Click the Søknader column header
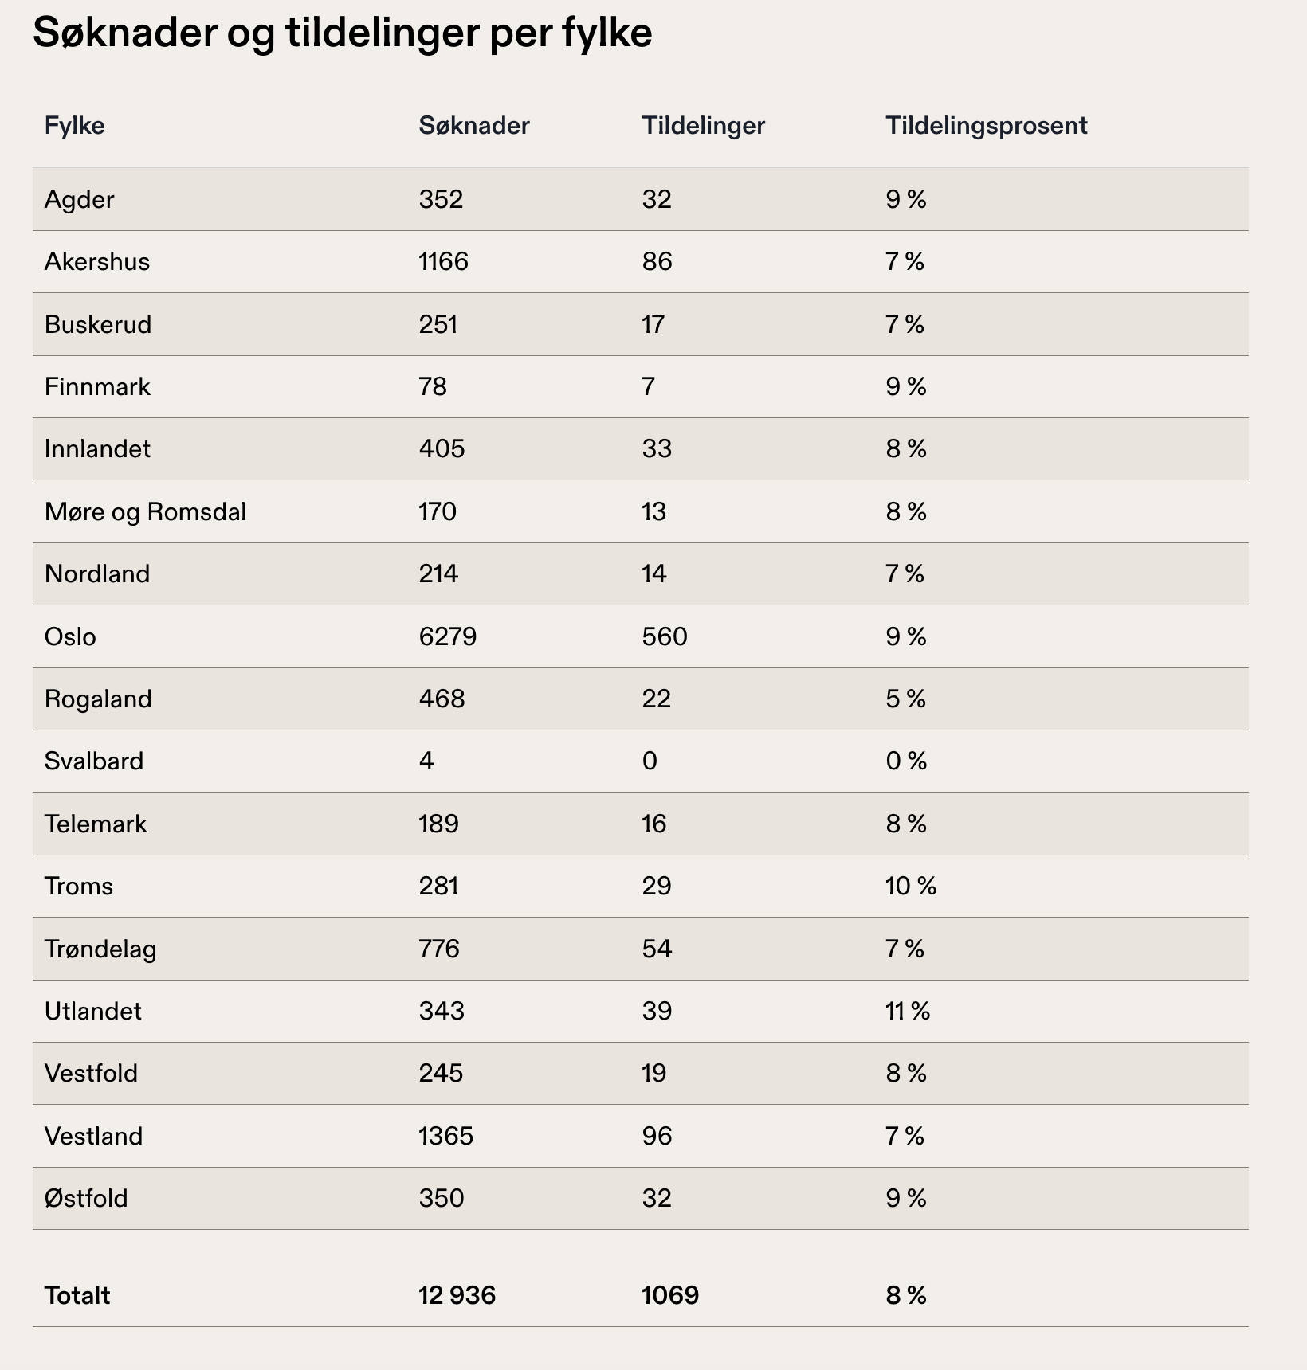coord(474,126)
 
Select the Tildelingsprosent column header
coord(986,126)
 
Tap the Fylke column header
coord(75,126)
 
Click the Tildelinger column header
coord(703,126)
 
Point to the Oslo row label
coord(70,636)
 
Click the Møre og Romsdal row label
coord(145,511)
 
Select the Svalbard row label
coord(94,761)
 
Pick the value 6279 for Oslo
coord(448,636)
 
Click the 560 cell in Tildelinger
coord(665,636)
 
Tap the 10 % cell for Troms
coord(911,886)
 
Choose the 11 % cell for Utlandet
coord(908,1011)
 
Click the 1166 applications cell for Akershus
coord(444,262)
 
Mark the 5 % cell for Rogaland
coord(906,699)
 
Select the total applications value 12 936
coord(457,1295)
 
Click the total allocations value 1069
coord(670,1295)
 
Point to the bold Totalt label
coord(77,1295)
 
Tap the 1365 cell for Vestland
coord(446,1136)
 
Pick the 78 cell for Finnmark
coord(433,387)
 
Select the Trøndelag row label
coord(100,949)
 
